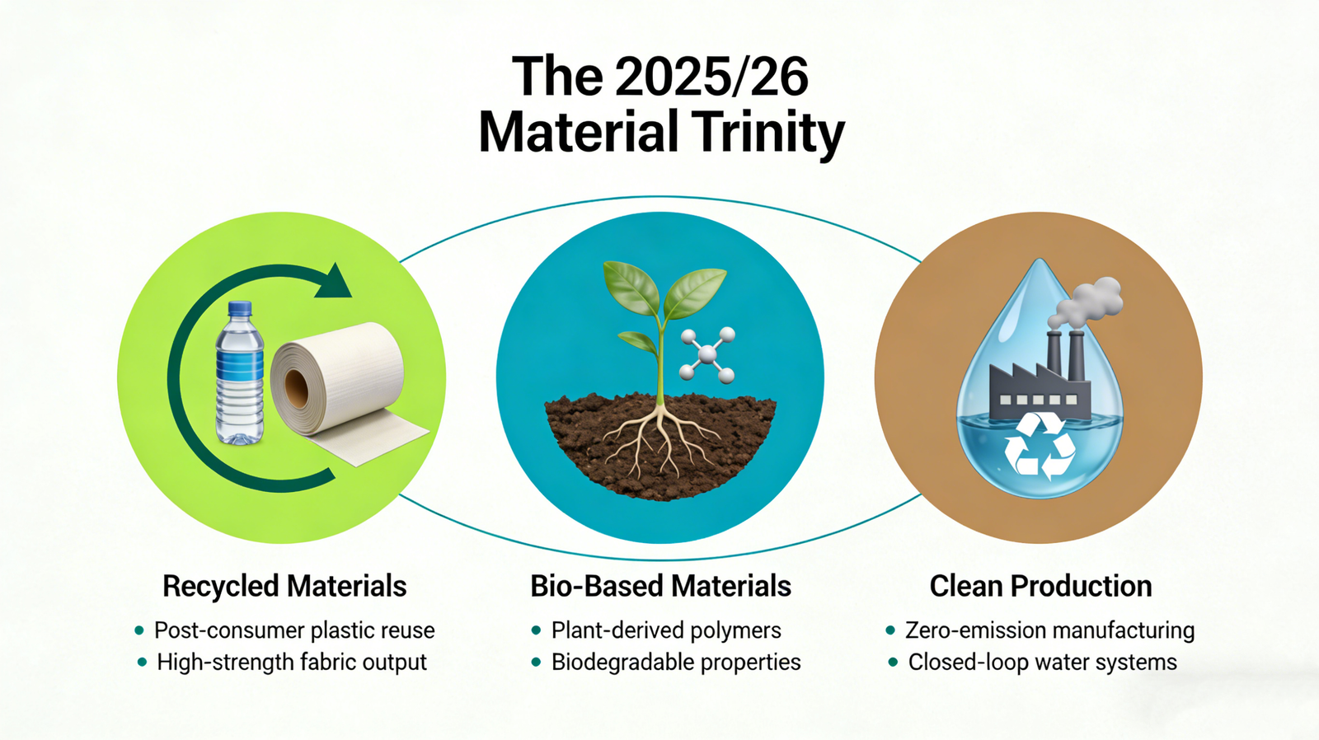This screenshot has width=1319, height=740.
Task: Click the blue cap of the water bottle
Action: click(240, 309)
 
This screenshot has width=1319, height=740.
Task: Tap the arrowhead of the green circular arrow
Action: click(333, 282)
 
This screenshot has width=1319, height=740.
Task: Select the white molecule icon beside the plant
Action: click(706, 354)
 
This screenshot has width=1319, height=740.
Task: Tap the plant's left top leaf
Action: click(630, 288)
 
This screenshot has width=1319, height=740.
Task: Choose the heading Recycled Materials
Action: click(284, 587)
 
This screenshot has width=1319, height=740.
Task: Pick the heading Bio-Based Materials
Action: click(660, 587)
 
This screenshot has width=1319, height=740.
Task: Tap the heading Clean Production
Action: click(1040, 587)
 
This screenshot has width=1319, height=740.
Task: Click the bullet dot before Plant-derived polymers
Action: click(536, 630)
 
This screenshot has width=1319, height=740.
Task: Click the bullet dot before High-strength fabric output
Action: click(141, 663)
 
